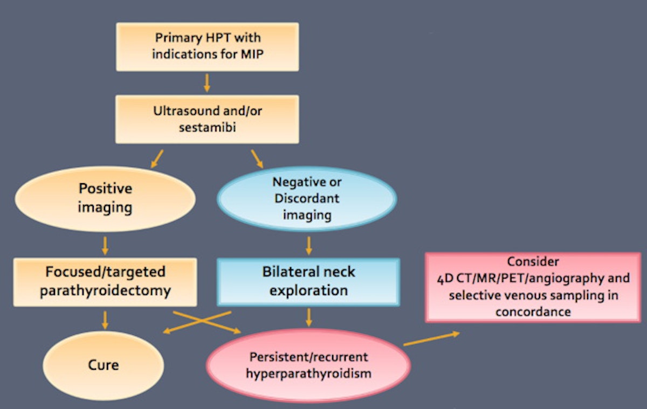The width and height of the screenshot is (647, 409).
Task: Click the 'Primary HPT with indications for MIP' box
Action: point(207,46)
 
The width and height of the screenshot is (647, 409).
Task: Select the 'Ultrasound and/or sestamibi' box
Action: point(207,119)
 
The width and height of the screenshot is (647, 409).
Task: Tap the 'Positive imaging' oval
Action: point(106,198)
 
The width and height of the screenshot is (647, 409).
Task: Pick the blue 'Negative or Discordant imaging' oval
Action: point(307,198)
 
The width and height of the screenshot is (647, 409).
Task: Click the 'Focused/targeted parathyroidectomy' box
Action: point(105,282)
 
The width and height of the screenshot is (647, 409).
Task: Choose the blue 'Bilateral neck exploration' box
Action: point(308,282)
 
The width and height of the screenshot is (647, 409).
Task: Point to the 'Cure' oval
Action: point(104,365)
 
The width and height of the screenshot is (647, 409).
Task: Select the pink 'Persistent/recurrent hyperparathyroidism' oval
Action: point(308,365)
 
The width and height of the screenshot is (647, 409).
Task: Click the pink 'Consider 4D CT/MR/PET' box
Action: point(533,287)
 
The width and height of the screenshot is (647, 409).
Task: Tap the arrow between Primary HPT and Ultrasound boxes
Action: point(207,82)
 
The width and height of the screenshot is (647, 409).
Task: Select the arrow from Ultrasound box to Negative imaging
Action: point(258,158)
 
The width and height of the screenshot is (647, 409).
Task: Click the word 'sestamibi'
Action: point(207,127)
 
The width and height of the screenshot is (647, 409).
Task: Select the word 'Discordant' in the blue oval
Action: point(307,198)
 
